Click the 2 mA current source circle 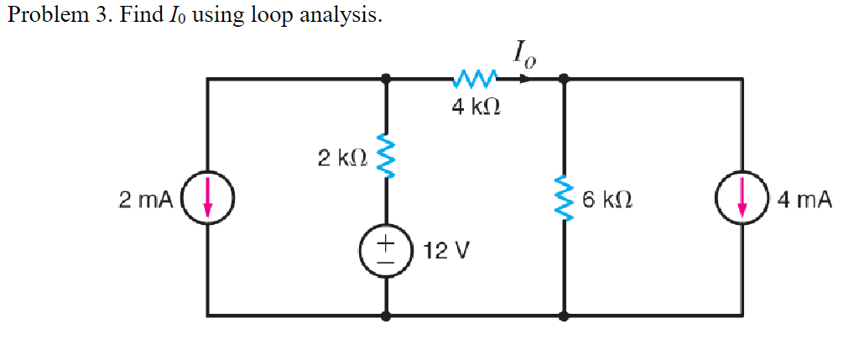(x=207, y=201)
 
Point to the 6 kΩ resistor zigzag (x=564, y=200)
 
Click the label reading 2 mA (x=145, y=201)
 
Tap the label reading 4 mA (x=804, y=200)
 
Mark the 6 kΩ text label (x=606, y=200)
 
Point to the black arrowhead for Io (x=524, y=80)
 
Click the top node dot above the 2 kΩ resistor (x=386, y=80)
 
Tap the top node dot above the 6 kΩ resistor (x=564, y=80)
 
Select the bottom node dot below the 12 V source (x=386, y=316)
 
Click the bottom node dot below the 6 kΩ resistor (x=564, y=316)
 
